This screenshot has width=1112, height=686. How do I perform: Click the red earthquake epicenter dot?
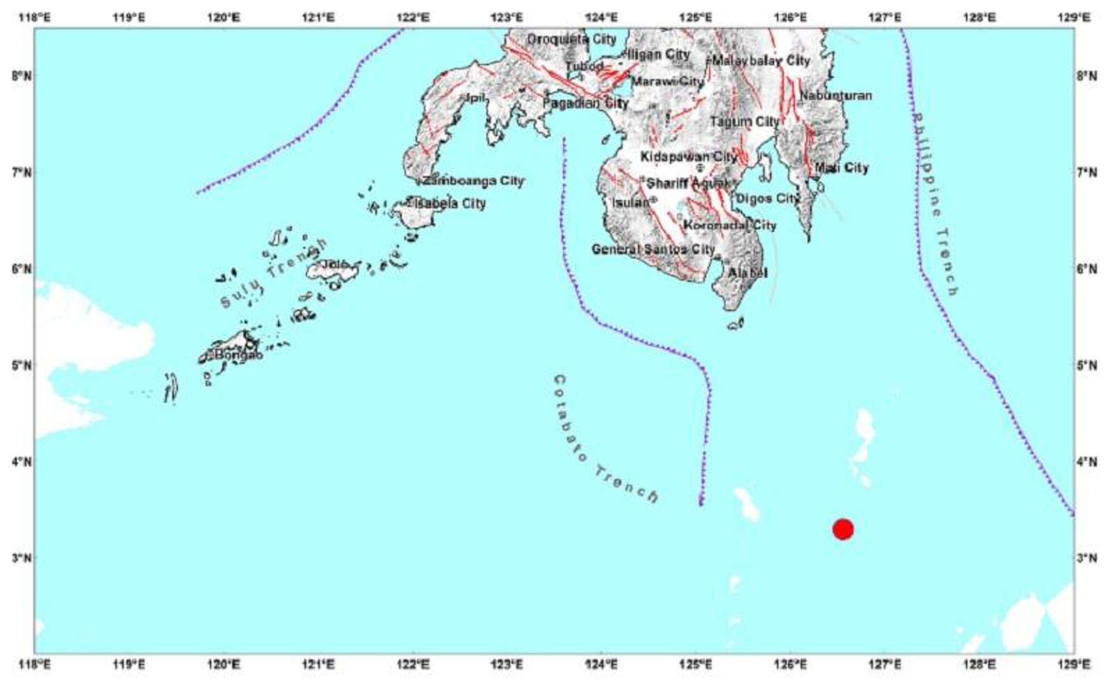coord(842,528)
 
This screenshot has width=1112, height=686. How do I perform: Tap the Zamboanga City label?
coord(474,181)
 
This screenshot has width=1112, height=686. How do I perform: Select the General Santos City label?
coord(653,249)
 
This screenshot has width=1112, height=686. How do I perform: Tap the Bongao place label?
coord(238,355)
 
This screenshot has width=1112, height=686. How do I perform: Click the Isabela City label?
coord(450,204)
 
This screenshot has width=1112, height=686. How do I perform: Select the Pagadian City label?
coord(586,103)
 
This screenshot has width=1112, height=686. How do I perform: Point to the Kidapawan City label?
coord(689,156)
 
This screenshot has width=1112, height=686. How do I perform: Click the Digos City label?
coord(767,198)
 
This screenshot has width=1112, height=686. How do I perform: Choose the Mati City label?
coord(842,168)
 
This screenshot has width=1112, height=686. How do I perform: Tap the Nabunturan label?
coord(835,95)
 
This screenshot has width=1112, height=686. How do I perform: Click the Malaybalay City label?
coord(761,61)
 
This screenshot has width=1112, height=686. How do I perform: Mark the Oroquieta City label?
coord(572,39)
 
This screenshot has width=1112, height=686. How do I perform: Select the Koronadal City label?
coord(729,225)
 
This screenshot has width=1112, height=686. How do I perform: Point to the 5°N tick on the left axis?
coord(22,365)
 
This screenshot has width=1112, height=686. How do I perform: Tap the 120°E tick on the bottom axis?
coord(224,664)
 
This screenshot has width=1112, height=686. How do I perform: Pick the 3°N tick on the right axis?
coord(1087,558)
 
